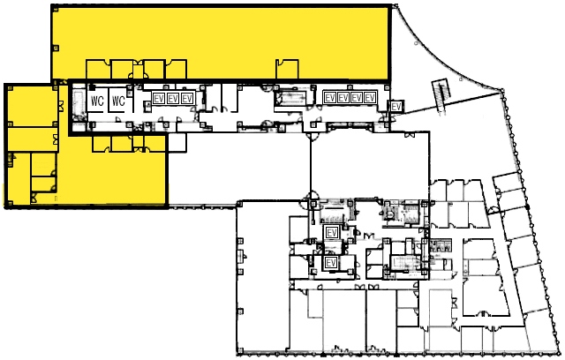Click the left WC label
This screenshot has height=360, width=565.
pos(97,101)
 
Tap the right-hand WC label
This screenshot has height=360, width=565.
pos(118,101)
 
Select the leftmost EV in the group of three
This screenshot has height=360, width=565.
pos(159,98)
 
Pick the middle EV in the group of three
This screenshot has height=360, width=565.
pos(173,98)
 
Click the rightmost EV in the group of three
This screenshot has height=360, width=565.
pos(187,98)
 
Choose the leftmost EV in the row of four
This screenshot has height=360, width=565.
pos(329,98)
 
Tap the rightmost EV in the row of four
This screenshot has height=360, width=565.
pos(370,98)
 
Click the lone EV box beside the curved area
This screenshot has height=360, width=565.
pos(396,107)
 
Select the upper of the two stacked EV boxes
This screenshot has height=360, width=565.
pos(332,233)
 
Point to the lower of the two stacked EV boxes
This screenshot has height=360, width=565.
pos(331,263)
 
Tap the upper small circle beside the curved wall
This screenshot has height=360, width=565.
pos(416,43)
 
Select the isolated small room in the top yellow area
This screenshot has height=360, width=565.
pos(287,69)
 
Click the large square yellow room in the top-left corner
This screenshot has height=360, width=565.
pos(33,105)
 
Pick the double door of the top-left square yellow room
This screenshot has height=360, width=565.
pos(61,107)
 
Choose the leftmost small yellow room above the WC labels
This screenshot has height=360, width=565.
pos(98,70)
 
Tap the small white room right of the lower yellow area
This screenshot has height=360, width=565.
pos(177,142)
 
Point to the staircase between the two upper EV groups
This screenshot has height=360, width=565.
pos(290,98)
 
